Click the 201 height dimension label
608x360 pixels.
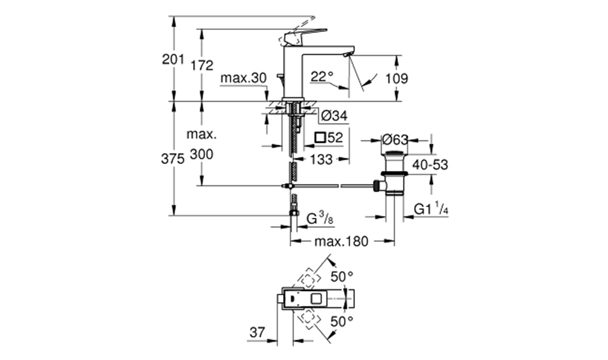pyautogui.click(x=173, y=59)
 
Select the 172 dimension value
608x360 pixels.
pyautogui.click(x=201, y=65)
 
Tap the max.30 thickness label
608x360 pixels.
pyautogui.click(x=243, y=78)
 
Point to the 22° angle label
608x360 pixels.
pyautogui.click(x=322, y=76)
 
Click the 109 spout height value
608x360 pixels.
pyautogui.click(x=396, y=79)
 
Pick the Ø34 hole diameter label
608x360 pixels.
pyautogui.click(x=334, y=116)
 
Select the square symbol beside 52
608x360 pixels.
pyautogui.click(x=320, y=137)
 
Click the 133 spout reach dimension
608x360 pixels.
pyautogui.click(x=321, y=159)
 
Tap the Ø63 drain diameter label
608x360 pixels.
pyautogui.click(x=395, y=139)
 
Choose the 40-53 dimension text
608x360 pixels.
pyautogui.click(x=430, y=164)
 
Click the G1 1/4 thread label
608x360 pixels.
pyautogui.click(x=431, y=209)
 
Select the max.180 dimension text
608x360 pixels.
pyautogui.click(x=341, y=241)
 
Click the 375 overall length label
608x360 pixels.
pyautogui.click(x=173, y=159)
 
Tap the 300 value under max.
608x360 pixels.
pyautogui.click(x=201, y=154)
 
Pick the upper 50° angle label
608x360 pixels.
pyautogui.click(x=342, y=277)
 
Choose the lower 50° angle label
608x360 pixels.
pyautogui.click(x=342, y=321)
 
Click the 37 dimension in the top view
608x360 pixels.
pyautogui.click(x=257, y=332)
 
